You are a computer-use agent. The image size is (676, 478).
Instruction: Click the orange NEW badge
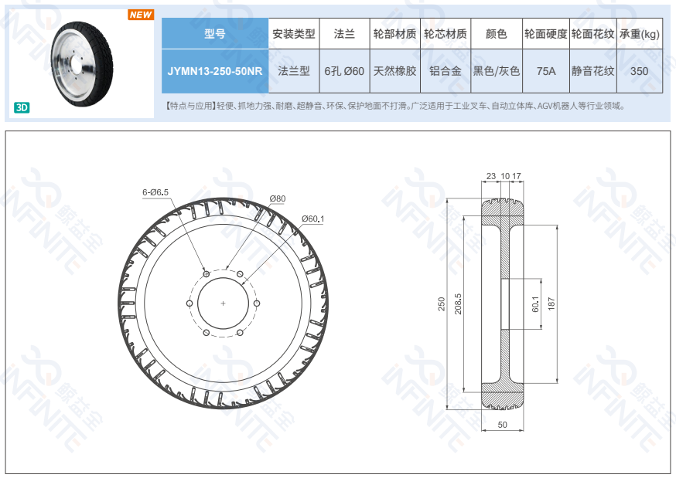pos(141,15)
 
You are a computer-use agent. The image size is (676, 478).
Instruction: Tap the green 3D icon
pos(22,107)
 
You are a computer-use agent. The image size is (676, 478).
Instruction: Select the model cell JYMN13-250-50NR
pos(215,71)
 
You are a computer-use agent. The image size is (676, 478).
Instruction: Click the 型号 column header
pos(215,33)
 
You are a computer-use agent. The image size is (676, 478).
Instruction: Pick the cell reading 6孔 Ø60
pos(344,71)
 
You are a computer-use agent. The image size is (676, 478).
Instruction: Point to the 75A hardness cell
pos(546,71)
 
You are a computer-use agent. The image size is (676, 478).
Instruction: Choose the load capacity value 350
pos(639,71)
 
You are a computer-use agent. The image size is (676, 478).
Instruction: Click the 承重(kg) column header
pos(639,33)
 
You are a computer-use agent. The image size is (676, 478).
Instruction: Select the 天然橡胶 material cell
pos(394,71)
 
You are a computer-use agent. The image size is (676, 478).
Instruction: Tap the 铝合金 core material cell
pos(446,71)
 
